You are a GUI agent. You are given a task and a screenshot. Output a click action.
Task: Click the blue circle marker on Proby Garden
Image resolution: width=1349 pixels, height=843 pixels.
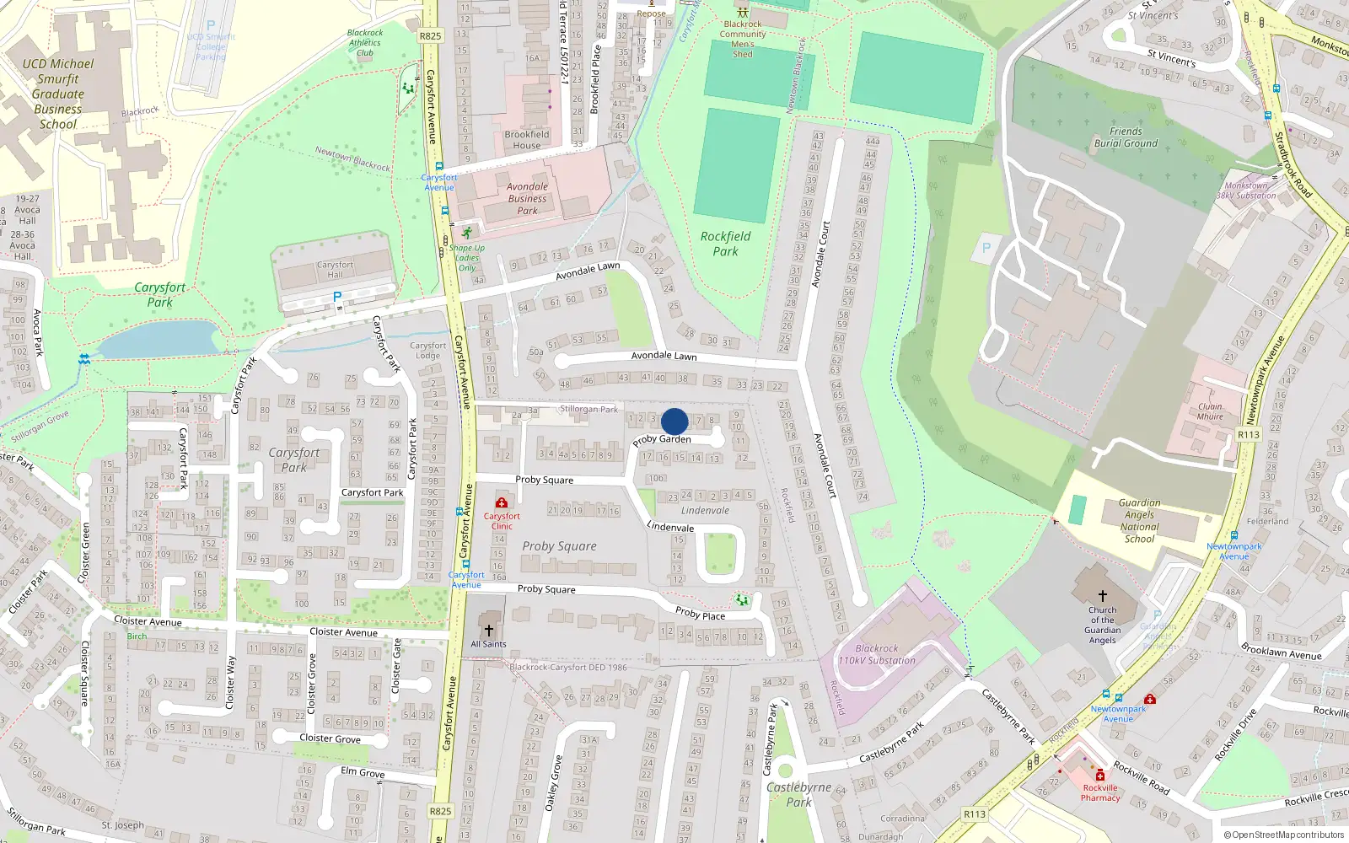coord(674,421)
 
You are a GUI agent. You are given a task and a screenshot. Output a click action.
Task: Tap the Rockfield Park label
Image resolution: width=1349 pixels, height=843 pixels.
coord(725,244)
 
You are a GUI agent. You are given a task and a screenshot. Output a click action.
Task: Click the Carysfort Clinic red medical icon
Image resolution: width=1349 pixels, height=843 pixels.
coord(502,503)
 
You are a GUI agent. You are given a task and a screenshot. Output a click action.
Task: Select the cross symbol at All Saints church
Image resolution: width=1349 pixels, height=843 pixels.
coord(488,631)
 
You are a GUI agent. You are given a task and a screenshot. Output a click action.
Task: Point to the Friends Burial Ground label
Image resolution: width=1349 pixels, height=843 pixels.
coord(1126,137)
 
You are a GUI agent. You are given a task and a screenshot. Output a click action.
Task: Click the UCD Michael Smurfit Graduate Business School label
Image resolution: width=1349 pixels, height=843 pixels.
coord(57,94)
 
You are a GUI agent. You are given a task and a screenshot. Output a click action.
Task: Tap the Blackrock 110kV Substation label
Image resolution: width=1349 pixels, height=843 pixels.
coord(877,655)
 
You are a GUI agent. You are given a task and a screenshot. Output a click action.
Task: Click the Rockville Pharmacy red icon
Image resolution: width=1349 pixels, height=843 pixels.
coord(1100,776)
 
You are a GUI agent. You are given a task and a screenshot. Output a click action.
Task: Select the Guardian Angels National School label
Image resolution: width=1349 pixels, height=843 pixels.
coord(1139,520)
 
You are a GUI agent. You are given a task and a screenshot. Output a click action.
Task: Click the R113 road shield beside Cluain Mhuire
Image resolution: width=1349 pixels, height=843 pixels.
coord(1249,435)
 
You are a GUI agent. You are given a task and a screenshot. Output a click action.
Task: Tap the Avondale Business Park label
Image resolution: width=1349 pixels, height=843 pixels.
coord(527,199)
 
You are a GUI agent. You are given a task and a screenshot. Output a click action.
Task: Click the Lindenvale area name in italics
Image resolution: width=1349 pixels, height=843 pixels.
coord(705,511)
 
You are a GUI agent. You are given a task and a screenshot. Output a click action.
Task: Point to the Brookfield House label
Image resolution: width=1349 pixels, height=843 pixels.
coord(527,140)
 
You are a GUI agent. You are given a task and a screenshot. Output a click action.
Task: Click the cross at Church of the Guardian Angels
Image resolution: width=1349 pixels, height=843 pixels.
coord(1102,595)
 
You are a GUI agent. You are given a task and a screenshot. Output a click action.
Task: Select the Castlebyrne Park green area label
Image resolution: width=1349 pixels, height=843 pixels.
coord(798,794)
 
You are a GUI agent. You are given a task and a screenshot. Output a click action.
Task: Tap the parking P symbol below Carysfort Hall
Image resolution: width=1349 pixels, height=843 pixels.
coord(337,297)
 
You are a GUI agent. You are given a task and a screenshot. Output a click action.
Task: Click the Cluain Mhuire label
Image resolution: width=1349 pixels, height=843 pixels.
coord(1210,411)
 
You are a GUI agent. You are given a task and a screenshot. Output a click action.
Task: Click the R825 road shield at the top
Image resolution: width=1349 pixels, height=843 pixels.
coord(430,36)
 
